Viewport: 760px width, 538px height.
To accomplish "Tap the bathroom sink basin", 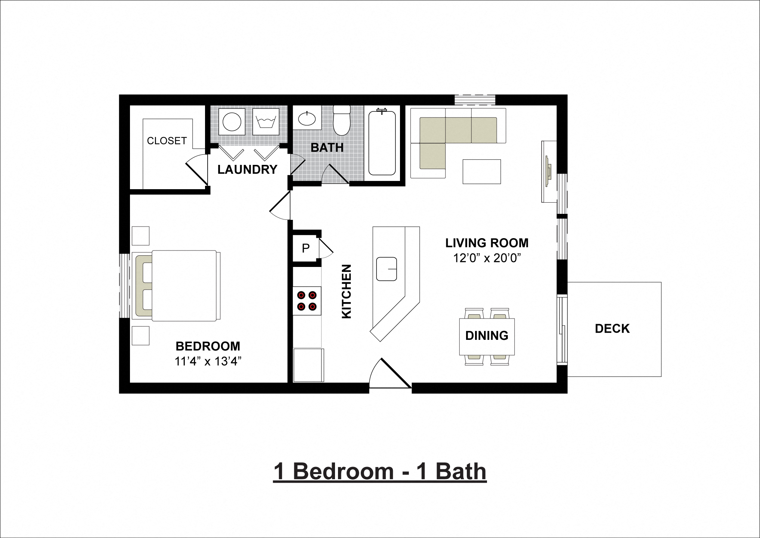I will click(x=307, y=119).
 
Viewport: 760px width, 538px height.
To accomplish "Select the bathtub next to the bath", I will click(x=382, y=143).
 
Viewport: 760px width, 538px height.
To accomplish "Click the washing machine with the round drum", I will click(x=232, y=122).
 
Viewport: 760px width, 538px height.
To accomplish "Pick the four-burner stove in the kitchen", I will click(x=307, y=301).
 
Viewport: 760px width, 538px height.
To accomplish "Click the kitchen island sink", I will click(x=386, y=269).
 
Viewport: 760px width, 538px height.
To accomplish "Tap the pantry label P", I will click(x=305, y=248).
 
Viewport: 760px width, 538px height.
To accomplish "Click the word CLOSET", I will click(x=167, y=141).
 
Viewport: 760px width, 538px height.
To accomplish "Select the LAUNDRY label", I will click(x=247, y=169).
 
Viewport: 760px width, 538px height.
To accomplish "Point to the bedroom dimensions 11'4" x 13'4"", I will click(x=208, y=361).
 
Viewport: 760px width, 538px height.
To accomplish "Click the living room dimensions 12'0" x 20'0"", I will click(x=487, y=258).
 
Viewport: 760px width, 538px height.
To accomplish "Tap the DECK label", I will click(x=612, y=329).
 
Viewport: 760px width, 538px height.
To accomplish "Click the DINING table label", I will click(x=487, y=335).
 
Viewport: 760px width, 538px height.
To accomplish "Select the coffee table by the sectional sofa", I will click(x=481, y=172).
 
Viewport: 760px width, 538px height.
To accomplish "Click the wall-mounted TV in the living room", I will click(x=548, y=171).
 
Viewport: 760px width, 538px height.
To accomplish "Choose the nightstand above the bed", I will click(x=140, y=236).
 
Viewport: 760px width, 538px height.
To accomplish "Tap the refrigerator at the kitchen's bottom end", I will click(x=308, y=365).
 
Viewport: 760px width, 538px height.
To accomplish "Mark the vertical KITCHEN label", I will click(x=347, y=291).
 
